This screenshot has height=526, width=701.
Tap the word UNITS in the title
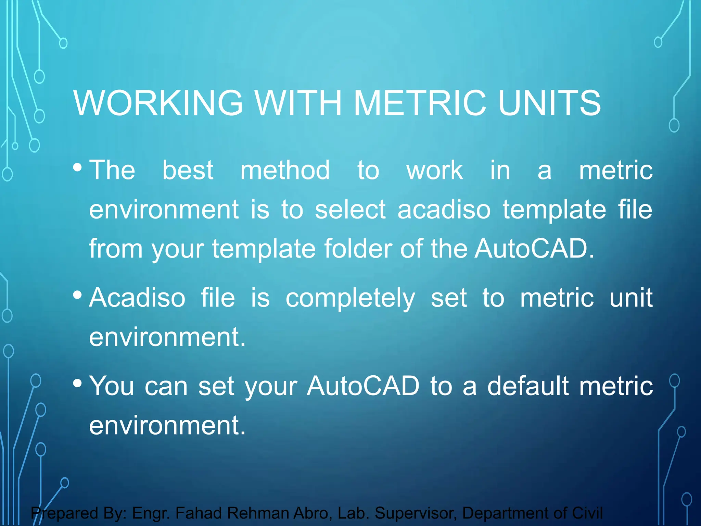tap(549, 103)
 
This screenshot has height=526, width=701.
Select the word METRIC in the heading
tap(420, 103)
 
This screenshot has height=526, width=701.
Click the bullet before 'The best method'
tap(77, 167)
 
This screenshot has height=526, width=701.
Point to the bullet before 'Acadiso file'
tap(77, 295)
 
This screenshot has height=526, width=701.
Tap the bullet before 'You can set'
tap(77, 383)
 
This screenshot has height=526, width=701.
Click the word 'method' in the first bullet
tap(285, 170)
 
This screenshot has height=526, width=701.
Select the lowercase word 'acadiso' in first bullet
tap(444, 209)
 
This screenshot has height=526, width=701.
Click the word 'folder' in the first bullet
tap(358, 248)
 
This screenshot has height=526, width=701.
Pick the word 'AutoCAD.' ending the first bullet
tap(534, 248)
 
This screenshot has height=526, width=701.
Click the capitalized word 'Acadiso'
tap(137, 298)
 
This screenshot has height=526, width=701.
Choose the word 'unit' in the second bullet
tap(631, 298)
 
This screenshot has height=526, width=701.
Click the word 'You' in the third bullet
tap(112, 386)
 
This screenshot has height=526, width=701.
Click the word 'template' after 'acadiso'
tap(554, 210)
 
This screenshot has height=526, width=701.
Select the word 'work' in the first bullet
tap(434, 170)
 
